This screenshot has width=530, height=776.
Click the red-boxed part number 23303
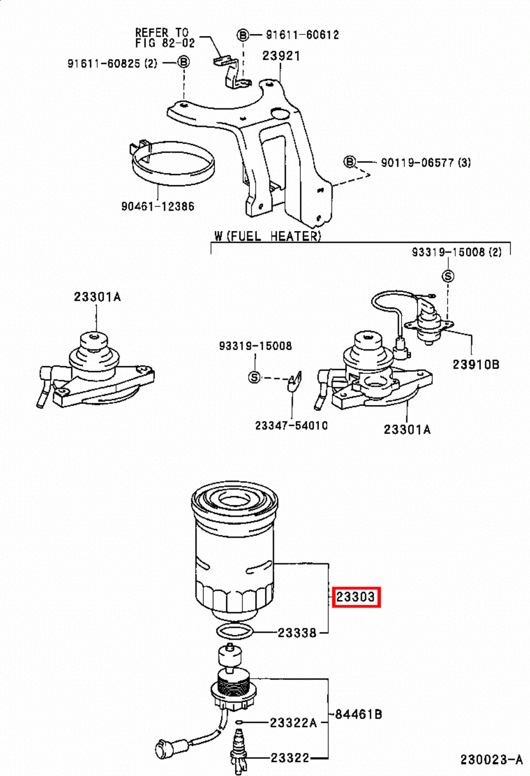click(356, 597)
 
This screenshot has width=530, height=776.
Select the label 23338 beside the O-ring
click(296, 633)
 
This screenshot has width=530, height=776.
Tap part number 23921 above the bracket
click(281, 56)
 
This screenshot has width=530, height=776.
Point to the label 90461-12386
click(157, 206)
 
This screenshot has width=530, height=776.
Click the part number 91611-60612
click(302, 35)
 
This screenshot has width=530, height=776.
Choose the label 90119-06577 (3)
click(425, 162)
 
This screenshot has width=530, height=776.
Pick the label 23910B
click(476, 364)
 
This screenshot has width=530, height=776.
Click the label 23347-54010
click(291, 425)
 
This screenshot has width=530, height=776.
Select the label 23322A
click(293, 723)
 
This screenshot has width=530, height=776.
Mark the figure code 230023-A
click(491, 760)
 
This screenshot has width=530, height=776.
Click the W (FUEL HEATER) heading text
click(267, 236)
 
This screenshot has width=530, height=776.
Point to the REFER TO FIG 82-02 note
click(165, 38)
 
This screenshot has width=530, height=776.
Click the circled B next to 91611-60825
click(183, 62)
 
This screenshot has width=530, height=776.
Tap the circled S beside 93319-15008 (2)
click(448, 276)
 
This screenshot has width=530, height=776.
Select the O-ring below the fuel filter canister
click(234, 631)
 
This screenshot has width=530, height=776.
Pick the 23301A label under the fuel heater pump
click(407, 429)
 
